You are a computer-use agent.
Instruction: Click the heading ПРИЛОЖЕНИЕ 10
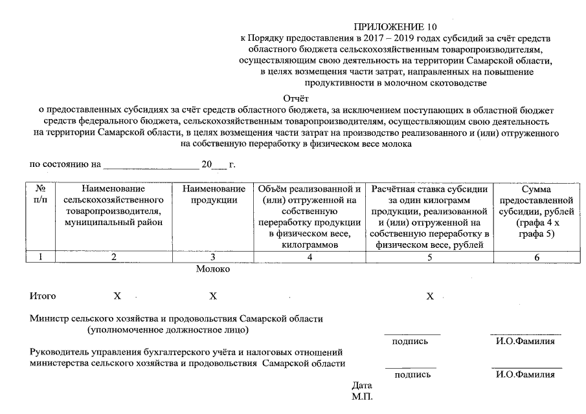395,27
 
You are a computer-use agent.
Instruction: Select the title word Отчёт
296,99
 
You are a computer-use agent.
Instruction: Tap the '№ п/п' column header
40,194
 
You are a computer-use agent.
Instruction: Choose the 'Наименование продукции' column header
214,194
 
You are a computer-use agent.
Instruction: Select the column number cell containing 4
310,257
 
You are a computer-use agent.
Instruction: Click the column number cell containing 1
40,257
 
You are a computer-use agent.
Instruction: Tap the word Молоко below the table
213,269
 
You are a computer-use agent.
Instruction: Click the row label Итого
43,296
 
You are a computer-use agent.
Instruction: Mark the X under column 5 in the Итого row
429,296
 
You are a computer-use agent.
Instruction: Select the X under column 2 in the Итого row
117,296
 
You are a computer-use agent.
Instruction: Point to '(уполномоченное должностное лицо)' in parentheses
168,330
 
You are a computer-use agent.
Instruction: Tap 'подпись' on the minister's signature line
410,342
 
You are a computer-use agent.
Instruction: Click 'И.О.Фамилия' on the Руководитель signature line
525,375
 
